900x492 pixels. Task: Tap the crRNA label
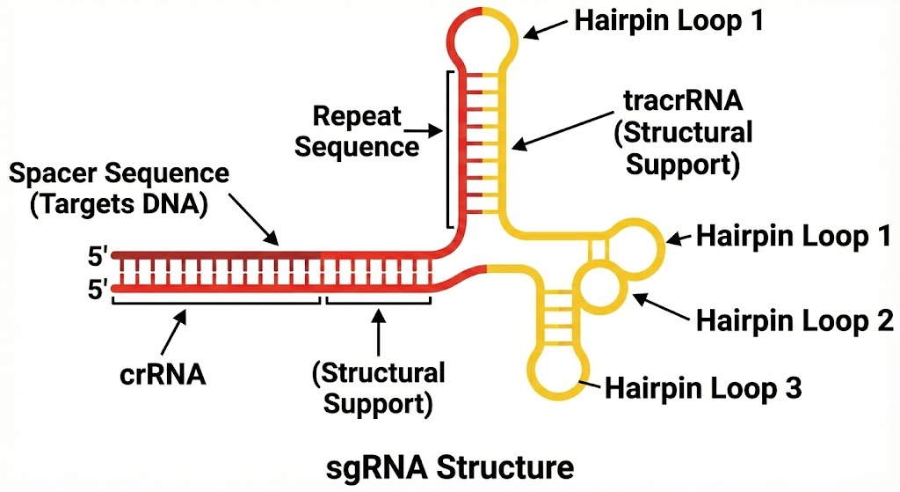(163, 374)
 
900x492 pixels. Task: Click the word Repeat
(357, 115)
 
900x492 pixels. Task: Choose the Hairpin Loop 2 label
(795, 320)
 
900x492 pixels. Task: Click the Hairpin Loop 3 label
(703, 388)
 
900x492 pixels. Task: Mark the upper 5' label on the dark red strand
(97, 257)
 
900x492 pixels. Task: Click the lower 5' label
(97, 288)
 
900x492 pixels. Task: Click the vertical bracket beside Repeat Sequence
(450, 150)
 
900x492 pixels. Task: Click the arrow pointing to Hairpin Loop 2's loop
(660, 305)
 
